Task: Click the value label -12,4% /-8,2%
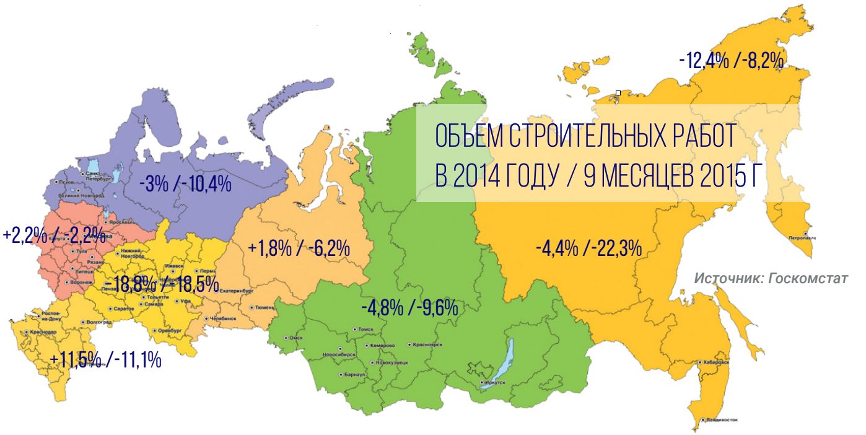(732, 61)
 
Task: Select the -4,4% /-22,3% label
(588, 249)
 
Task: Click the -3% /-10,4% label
(185, 183)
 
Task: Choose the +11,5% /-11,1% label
(106, 359)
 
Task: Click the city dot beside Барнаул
(341, 375)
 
